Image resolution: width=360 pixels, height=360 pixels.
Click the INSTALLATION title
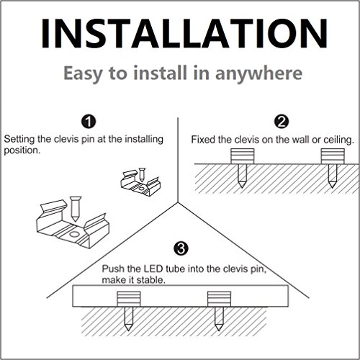184,34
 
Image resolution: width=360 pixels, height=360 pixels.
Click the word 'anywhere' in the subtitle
258,73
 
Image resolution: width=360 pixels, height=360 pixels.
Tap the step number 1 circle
89,122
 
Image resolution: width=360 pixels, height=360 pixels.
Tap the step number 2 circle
282,122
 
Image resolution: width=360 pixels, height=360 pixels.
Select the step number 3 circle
181,248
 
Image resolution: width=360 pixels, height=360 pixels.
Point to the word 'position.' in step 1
22,150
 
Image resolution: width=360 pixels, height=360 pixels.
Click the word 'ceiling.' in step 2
339,140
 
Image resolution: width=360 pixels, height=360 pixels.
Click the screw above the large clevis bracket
75,209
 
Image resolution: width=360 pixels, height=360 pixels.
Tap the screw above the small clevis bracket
142,174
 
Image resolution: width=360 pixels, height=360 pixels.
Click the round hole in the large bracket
75,234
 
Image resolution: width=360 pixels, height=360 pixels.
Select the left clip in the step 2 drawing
242,156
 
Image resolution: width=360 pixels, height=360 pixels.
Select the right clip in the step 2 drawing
333,156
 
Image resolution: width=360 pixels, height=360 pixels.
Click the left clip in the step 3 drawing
129,299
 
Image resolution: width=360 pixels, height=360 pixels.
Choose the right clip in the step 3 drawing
219,299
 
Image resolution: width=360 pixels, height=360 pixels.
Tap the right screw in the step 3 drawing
219,319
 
